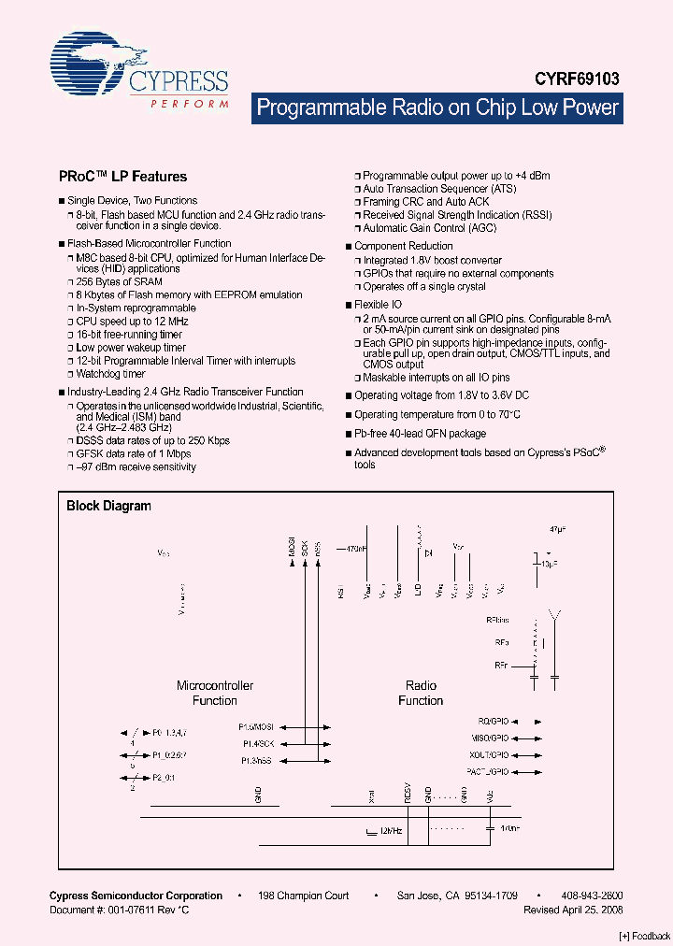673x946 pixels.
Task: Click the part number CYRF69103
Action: [578, 81]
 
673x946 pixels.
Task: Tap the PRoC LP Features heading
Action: [122, 176]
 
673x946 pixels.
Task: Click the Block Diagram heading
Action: [108, 506]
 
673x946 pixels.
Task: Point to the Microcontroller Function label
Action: [215, 693]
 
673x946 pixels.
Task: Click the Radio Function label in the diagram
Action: [421, 693]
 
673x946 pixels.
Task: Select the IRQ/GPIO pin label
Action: [493, 722]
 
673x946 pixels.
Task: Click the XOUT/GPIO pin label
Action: [489, 754]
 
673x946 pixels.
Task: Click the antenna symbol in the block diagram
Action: [555, 618]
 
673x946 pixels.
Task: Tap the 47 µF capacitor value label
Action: [558, 528]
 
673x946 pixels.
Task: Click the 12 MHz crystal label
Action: [390, 829]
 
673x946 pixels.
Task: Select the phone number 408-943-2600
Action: [593, 896]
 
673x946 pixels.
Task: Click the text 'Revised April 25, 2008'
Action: [573, 910]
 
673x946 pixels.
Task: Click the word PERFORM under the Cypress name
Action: [190, 104]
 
